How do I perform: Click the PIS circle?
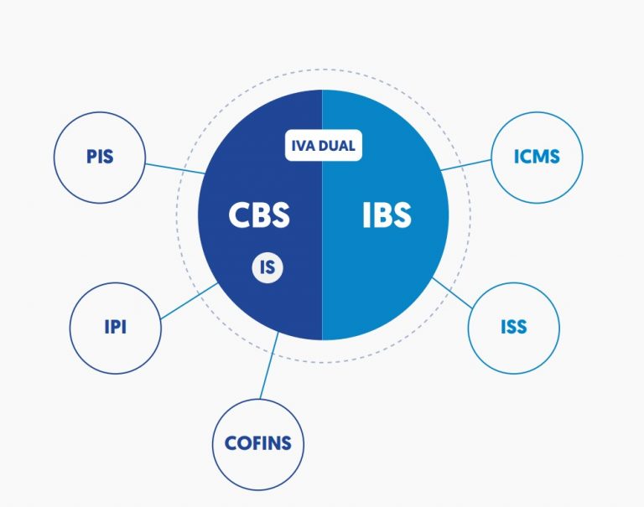coord(99,157)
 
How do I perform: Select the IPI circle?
coord(115,327)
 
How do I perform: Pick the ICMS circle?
coord(536,157)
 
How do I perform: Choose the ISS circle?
coord(513,327)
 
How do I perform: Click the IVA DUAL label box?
coord(323,146)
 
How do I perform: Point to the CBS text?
coord(259,215)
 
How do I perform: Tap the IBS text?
coord(387,215)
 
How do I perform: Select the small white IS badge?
coord(267,268)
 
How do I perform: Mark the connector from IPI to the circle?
coord(190,301)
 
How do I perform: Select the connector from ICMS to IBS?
coord(466,163)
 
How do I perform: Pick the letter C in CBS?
coord(239,215)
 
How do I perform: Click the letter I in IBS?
coord(366,215)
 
